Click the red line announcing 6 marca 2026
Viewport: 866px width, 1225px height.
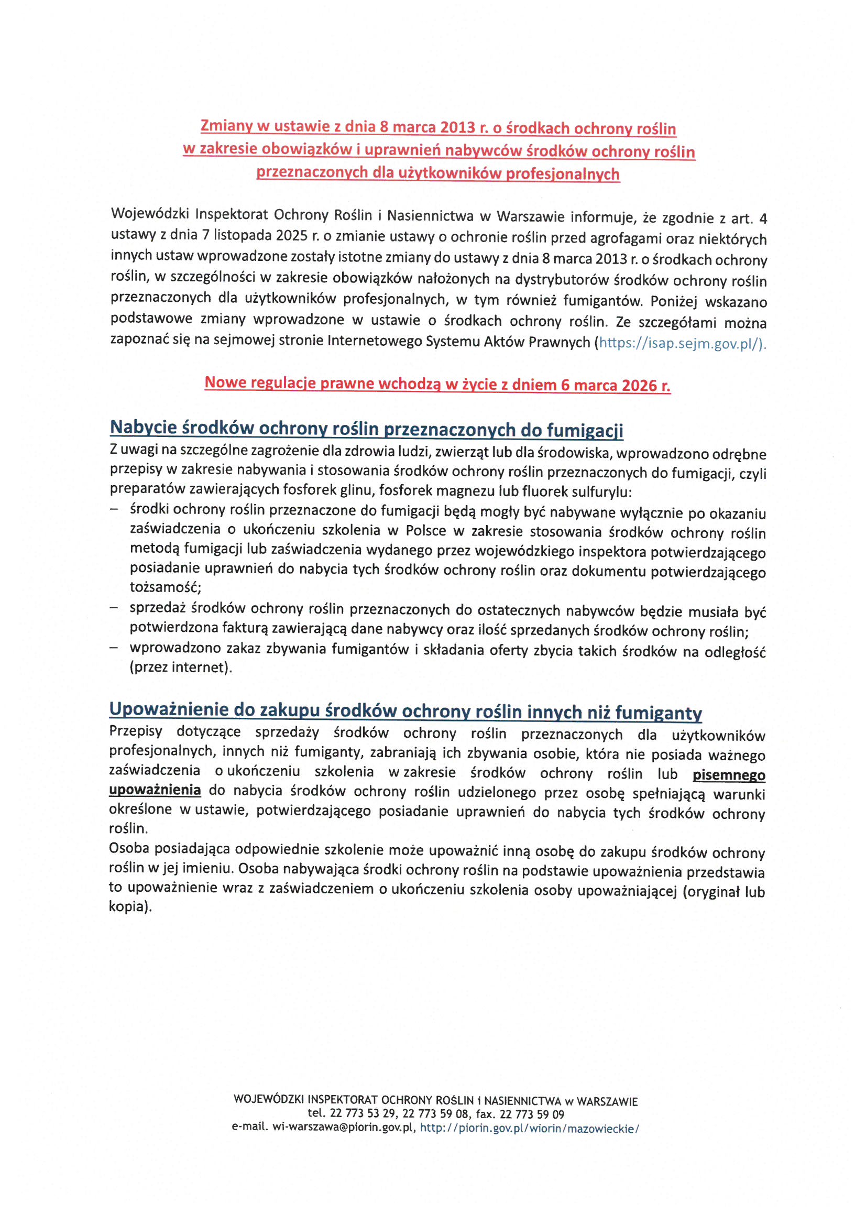coord(437,384)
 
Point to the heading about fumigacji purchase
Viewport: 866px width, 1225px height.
coord(366,429)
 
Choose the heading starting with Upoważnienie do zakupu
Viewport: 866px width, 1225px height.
coord(405,710)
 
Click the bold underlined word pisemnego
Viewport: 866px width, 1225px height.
coord(728,775)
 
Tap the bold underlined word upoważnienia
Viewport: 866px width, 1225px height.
coord(155,790)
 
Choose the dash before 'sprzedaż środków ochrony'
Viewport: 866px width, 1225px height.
coord(114,608)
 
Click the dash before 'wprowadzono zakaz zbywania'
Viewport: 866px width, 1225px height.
coord(114,648)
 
